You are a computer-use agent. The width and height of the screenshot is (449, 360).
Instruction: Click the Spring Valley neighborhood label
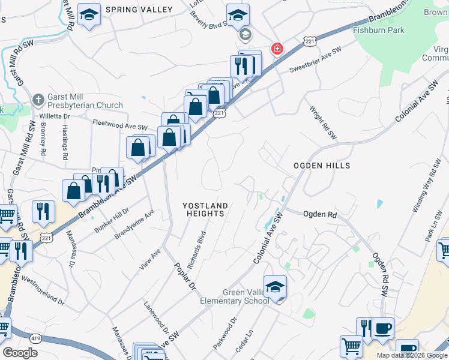pos(139,10)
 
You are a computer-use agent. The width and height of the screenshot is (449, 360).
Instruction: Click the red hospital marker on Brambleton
pos(277,49)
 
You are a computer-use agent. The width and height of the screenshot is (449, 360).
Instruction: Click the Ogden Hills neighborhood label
pos(321,165)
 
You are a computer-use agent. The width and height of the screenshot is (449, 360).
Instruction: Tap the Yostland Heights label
pos(205,209)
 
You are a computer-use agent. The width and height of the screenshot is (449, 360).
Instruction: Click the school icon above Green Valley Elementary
pos(275,287)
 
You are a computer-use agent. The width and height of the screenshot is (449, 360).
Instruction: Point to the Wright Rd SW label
pos(324,124)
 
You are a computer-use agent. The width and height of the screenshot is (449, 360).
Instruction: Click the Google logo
pos(20,353)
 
